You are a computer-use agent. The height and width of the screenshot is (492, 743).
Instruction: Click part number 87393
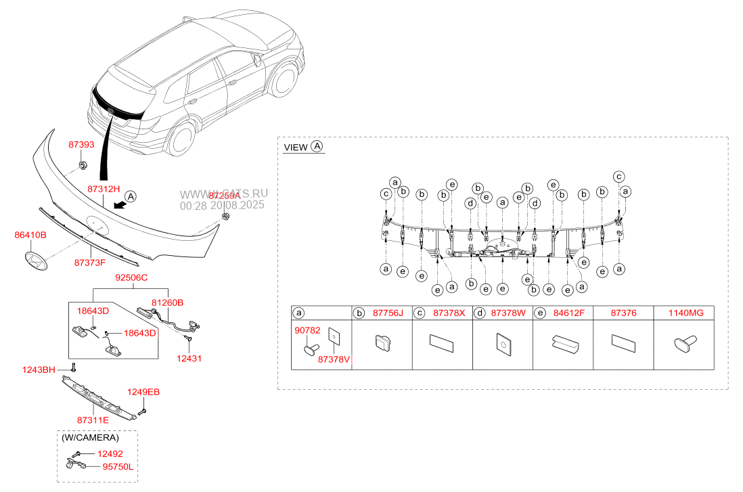click(x=81, y=145)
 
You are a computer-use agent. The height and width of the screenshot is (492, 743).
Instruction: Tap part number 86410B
click(x=30, y=235)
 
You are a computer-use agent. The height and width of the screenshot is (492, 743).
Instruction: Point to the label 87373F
click(x=90, y=262)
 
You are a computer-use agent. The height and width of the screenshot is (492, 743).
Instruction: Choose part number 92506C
click(x=131, y=277)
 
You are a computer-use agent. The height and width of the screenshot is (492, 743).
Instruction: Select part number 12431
click(x=189, y=358)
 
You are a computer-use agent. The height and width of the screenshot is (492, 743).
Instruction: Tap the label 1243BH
click(x=39, y=370)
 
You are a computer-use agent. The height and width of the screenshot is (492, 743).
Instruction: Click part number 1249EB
click(x=144, y=392)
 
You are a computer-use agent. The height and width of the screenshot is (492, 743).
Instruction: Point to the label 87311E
click(x=91, y=421)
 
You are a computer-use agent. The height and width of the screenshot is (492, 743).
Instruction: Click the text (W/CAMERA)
click(x=90, y=438)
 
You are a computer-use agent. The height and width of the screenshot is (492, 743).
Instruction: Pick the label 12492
click(x=109, y=453)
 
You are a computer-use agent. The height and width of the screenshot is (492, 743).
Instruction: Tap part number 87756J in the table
click(x=389, y=313)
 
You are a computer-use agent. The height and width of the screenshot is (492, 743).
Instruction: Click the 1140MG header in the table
click(x=686, y=313)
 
